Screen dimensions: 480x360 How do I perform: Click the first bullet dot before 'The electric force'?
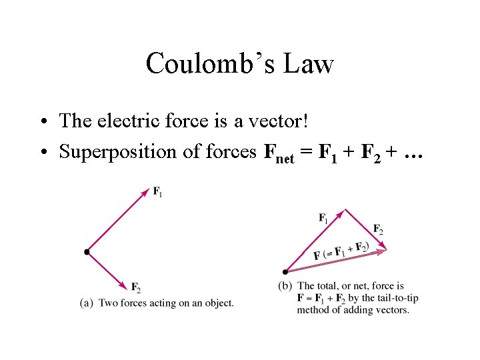[42, 122]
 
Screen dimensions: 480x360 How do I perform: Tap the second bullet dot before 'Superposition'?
[42, 153]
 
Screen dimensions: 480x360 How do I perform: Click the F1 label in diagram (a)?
[157, 193]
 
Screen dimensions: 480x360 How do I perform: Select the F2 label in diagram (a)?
[135, 288]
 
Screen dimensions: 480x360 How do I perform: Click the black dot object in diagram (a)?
[87, 252]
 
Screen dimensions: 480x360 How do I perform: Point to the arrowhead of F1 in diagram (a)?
[145, 193]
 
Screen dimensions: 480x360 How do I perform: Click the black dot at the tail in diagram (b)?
[285, 271]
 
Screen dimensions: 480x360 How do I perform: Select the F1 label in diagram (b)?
[323, 217]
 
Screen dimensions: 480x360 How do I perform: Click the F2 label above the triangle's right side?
[378, 229]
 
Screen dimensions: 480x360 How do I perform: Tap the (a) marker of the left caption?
[86, 303]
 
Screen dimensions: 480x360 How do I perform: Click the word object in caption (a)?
[219, 303]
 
